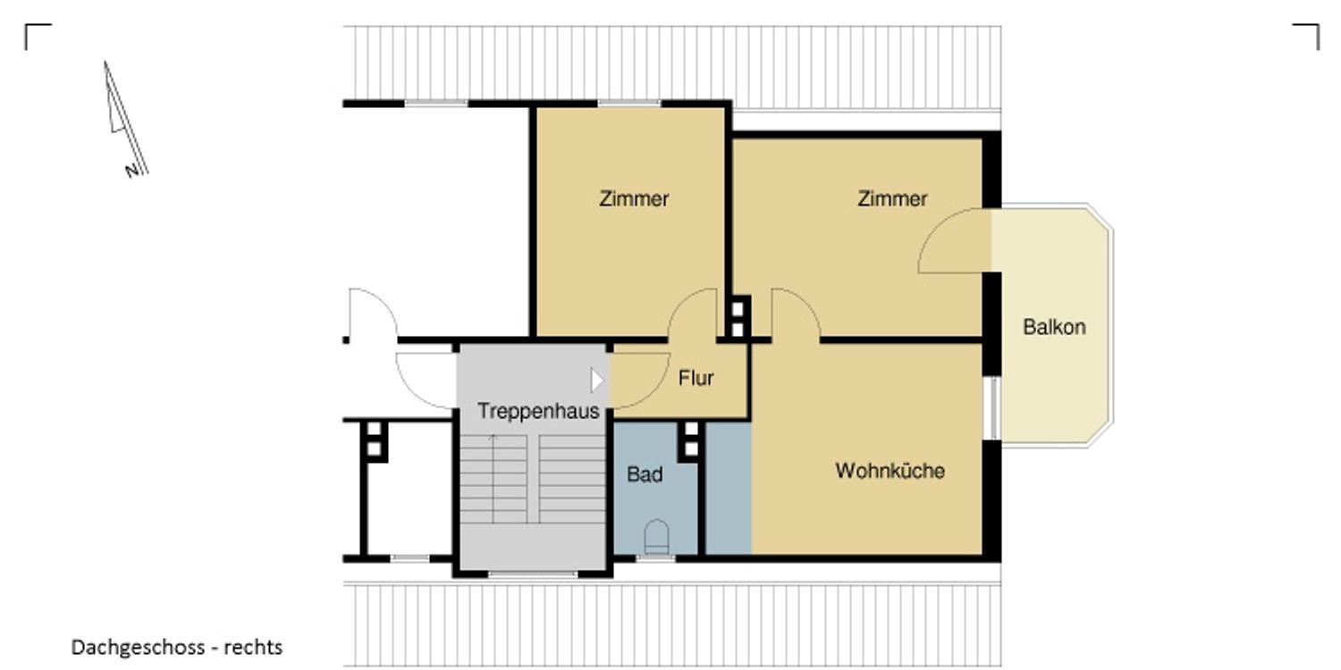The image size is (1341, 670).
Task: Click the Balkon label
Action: (x=1054, y=327)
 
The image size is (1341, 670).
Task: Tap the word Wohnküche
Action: (x=890, y=471)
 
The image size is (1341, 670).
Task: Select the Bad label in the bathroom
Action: (x=645, y=474)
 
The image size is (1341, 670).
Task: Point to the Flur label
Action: (x=696, y=378)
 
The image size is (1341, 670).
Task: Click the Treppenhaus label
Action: (x=538, y=412)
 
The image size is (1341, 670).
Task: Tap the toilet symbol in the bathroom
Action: (x=656, y=536)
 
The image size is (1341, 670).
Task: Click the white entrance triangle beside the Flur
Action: (x=597, y=381)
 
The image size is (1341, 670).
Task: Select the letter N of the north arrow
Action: (x=131, y=172)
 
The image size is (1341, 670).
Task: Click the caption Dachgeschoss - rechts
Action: (x=177, y=648)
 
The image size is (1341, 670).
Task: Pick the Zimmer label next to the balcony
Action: (x=892, y=198)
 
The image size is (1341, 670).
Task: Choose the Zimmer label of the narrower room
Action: (x=633, y=198)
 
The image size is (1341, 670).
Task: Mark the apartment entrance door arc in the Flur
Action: (x=654, y=393)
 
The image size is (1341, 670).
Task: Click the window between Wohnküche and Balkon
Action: (x=992, y=408)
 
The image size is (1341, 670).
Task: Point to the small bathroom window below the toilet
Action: (x=655, y=558)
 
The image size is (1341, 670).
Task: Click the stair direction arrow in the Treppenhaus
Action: (x=493, y=479)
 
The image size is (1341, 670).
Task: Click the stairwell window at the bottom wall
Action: (x=533, y=574)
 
